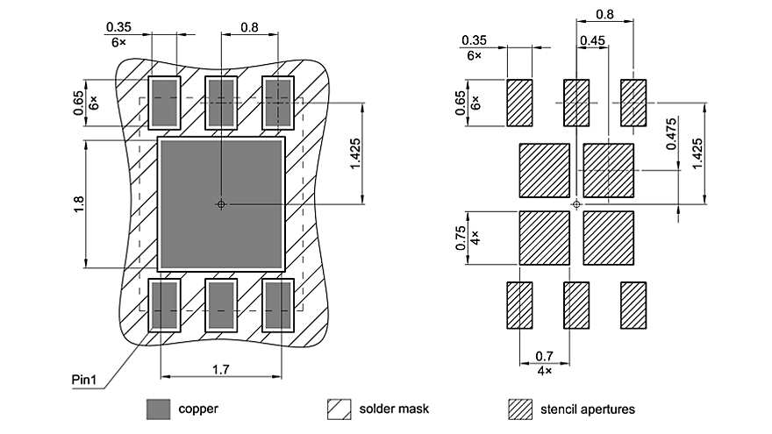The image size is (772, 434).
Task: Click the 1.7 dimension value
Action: (221, 371)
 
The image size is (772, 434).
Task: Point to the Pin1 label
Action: (84, 380)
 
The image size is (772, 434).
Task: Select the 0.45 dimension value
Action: (592, 40)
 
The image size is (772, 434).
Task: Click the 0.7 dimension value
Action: (544, 356)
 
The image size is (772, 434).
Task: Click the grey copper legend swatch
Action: (158, 409)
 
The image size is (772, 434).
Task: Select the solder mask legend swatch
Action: (340, 409)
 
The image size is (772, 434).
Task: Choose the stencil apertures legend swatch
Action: (521, 409)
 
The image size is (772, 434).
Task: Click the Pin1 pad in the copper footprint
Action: (163, 304)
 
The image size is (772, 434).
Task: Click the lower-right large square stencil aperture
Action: (608, 238)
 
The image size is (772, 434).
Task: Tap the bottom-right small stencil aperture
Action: (633, 304)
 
